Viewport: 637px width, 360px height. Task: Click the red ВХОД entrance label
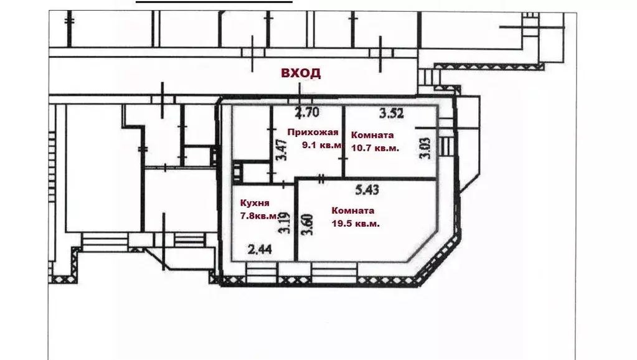(x=301, y=73)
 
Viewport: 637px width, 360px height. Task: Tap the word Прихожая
(x=313, y=132)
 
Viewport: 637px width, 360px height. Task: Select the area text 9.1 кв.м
(x=322, y=145)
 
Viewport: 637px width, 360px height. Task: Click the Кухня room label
(x=255, y=203)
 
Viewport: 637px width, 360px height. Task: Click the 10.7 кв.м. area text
(x=375, y=148)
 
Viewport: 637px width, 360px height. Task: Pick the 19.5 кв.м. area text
(x=356, y=224)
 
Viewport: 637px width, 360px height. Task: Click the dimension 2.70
(x=307, y=112)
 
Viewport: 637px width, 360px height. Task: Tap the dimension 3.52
(x=392, y=113)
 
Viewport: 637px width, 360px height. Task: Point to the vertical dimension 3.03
(x=425, y=149)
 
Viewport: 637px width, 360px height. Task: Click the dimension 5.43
(x=367, y=190)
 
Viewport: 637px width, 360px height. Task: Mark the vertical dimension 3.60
(x=307, y=225)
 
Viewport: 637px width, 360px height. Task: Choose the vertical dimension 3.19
(x=285, y=223)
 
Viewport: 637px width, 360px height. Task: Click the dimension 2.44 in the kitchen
(x=260, y=249)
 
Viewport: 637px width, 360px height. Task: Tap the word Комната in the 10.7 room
(x=372, y=135)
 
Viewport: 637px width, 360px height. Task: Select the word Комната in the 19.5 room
(x=352, y=211)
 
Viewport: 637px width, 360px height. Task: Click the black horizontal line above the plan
(x=214, y=2)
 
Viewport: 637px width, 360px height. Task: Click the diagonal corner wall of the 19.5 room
(x=423, y=247)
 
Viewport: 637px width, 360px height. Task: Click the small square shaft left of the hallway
(x=237, y=173)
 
